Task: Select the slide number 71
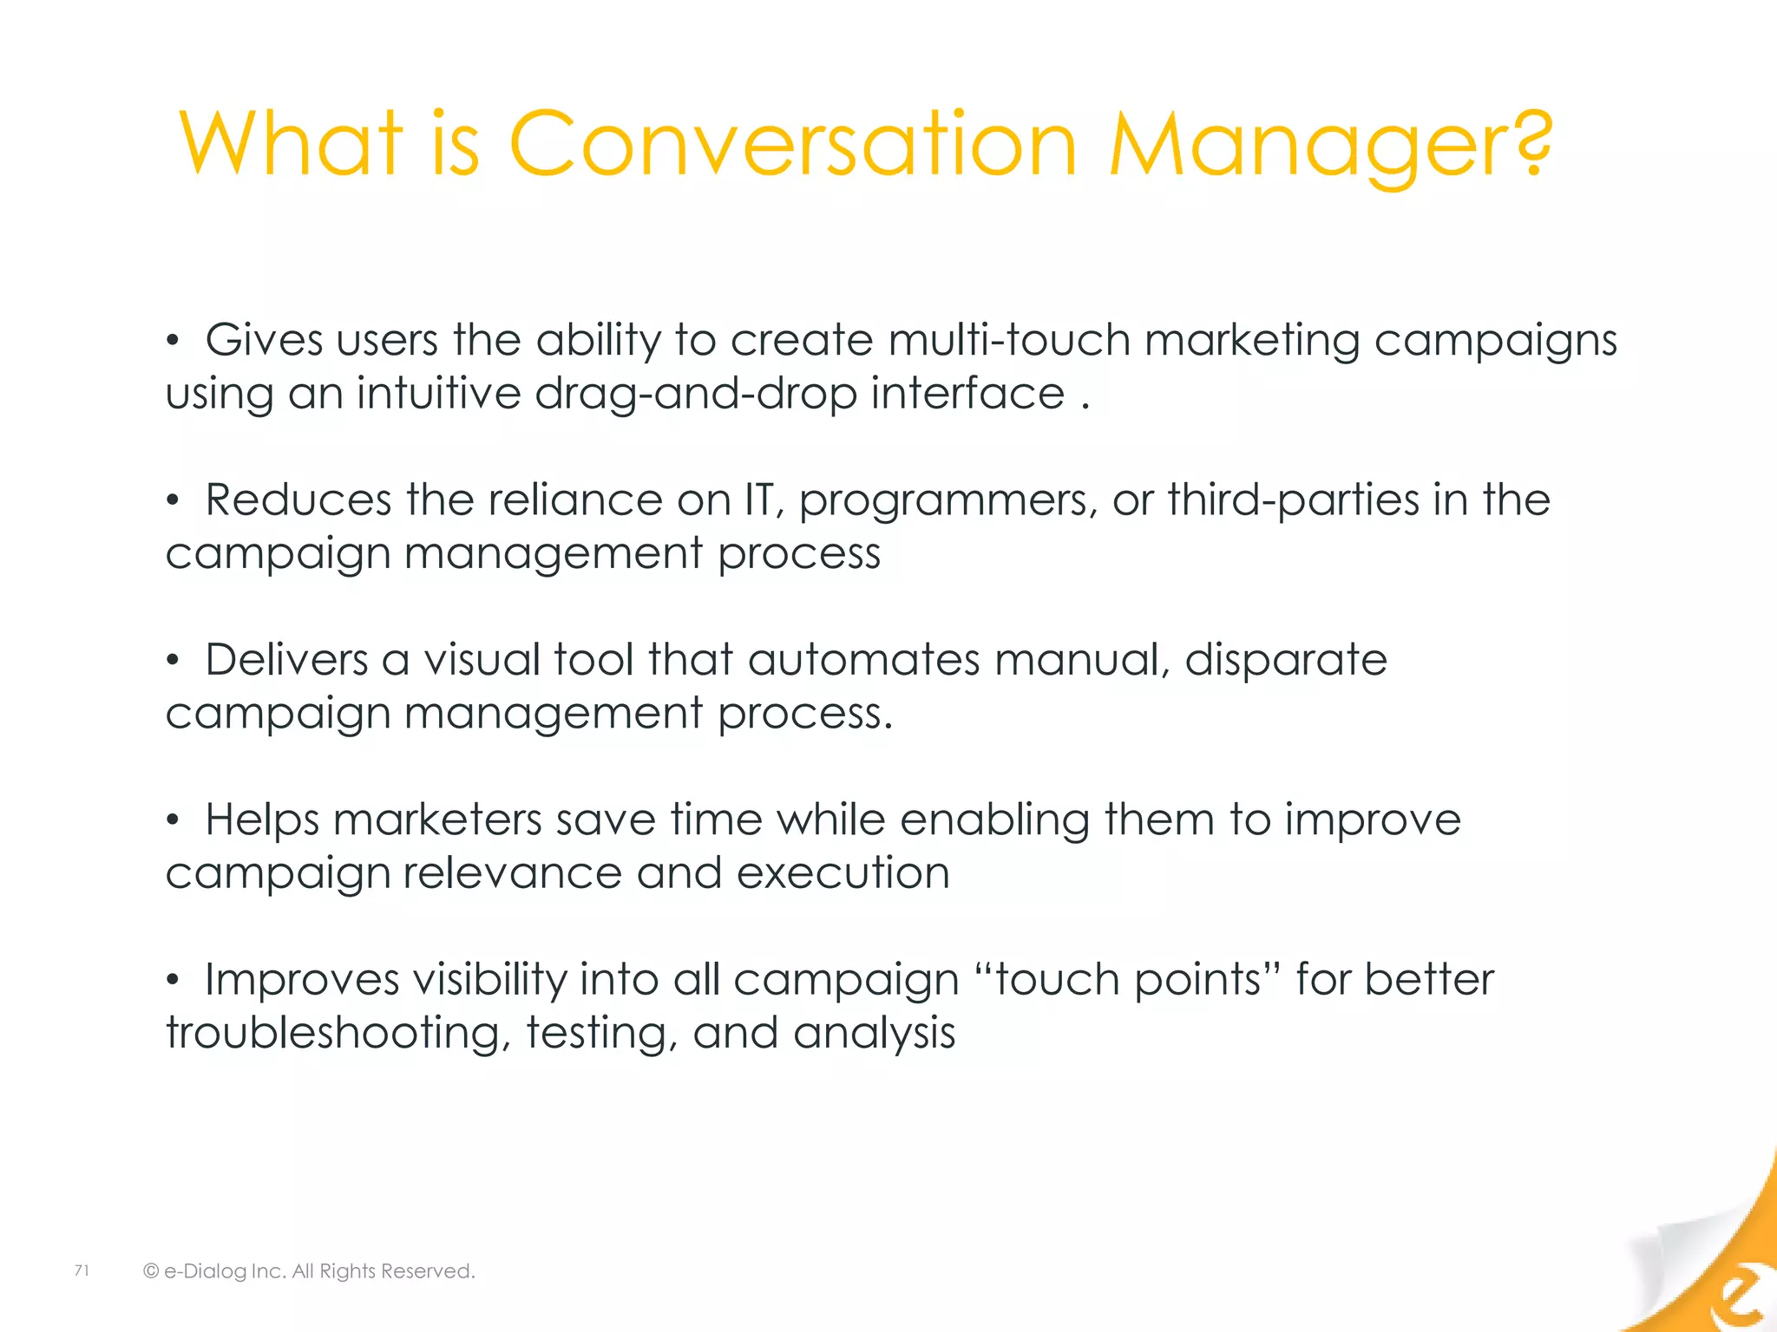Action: click(x=82, y=1270)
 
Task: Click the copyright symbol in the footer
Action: click(x=151, y=1271)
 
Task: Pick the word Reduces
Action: click(x=298, y=499)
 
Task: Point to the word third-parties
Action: click(x=1293, y=499)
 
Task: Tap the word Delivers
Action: click(x=286, y=659)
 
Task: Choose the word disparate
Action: click(x=1286, y=661)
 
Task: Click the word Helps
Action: click(x=262, y=820)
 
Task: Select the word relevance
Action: click(x=512, y=873)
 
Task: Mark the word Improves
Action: click(x=301, y=981)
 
